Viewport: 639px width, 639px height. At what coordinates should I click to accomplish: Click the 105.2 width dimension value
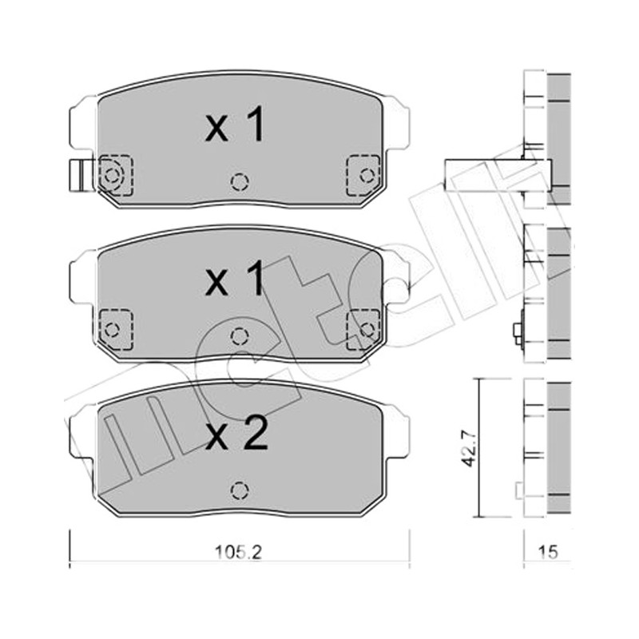pyautogui.click(x=238, y=553)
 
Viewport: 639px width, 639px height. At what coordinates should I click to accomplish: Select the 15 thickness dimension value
pyautogui.click(x=547, y=553)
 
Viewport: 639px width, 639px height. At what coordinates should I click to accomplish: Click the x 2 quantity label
pyautogui.click(x=236, y=433)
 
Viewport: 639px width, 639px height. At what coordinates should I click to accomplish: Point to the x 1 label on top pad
pyautogui.click(x=235, y=124)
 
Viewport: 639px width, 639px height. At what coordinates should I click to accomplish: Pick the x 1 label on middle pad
pyautogui.click(x=235, y=278)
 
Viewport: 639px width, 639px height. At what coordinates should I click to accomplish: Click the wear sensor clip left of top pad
pyautogui.click(x=81, y=175)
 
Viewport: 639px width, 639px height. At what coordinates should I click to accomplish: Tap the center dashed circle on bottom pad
pyautogui.click(x=240, y=490)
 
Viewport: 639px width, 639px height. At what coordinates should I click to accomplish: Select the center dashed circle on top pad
pyautogui.click(x=240, y=182)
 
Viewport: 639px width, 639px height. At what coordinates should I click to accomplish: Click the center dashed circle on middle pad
pyautogui.click(x=240, y=336)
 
